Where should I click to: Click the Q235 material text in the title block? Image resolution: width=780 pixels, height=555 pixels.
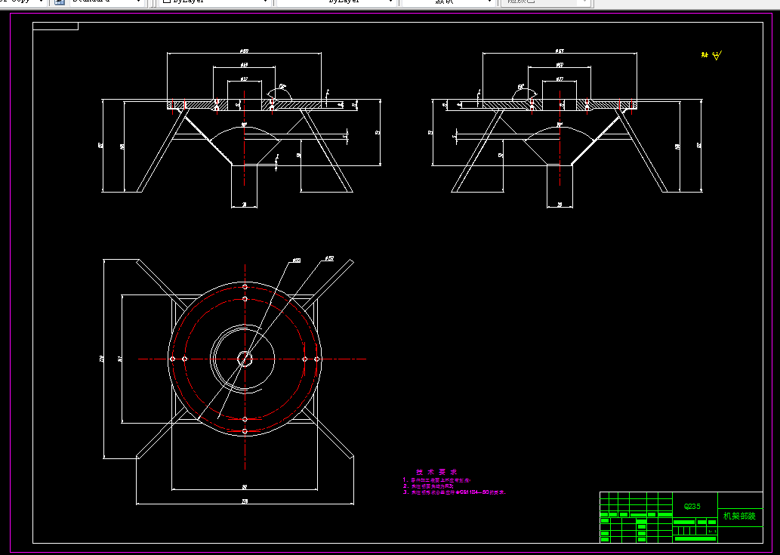pyautogui.click(x=692, y=507)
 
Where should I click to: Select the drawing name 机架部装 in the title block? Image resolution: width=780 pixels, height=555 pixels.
pyautogui.click(x=739, y=516)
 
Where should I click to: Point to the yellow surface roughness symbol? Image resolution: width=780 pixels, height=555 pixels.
pyautogui.click(x=716, y=56)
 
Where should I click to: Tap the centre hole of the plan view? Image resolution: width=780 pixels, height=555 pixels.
pyautogui.click(x=245, y=359)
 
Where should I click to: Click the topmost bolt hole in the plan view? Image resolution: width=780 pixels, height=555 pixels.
pyautogui.click(x=245, y=287)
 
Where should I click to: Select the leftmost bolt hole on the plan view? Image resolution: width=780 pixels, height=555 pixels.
pyautogui.click(x=173, y=359)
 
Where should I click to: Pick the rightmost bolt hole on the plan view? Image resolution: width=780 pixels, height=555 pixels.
pyautogui.click(x=317, y=359)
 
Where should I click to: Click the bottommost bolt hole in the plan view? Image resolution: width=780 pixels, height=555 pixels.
pyautogui.click(x=245, y=431)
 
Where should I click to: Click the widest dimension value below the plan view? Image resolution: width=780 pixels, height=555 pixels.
pyautogui.click(x=245, y=501)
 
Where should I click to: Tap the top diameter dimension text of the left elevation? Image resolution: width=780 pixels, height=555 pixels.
pyautogui.click(x=244, y=51)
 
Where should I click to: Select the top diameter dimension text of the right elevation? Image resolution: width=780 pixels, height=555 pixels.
pyautogui.click(x=560, y=51)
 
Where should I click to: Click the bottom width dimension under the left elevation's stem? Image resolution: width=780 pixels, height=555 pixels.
pyautogui.click(x=244, y=205)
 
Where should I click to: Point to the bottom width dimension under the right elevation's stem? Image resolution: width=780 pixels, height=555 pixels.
pyautogui.click(x=560, y=205)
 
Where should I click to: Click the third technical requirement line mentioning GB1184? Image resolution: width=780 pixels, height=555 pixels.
pyautogui.click(x=453, y=492)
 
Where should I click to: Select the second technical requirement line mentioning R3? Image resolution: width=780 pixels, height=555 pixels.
pyautogui.click(x=423, y=486)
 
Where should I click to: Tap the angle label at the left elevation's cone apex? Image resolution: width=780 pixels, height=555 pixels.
pyautogui.click(x=244, y=124)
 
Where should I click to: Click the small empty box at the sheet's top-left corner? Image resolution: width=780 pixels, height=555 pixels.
pyautogui.click(x=55, y=26)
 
